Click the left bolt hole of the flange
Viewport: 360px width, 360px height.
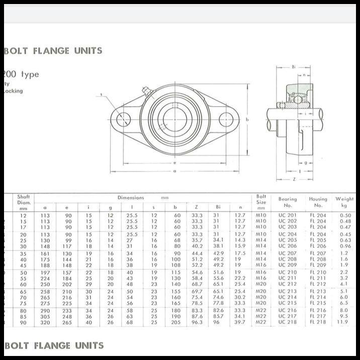[123, 120]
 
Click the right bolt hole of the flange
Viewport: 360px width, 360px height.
[227, 120]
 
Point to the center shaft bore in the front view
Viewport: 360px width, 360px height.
[175, 119]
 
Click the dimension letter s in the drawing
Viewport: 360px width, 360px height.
[101, 94]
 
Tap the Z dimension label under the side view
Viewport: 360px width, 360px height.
[294, 178]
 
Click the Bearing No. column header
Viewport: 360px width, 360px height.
[288, 202]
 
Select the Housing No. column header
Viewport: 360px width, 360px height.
[318, 202]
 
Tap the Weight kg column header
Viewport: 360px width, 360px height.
[345, 202]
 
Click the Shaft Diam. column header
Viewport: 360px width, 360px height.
[24, 202]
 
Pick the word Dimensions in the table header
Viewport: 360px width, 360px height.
[131, 198]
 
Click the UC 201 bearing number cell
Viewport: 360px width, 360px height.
[288, 215]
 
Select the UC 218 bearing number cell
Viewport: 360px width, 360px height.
[288, 322]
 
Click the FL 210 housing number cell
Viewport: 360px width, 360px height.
[318, 272]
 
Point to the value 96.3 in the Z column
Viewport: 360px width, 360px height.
[197, 322]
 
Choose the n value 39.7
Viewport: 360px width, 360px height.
[240, 322]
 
